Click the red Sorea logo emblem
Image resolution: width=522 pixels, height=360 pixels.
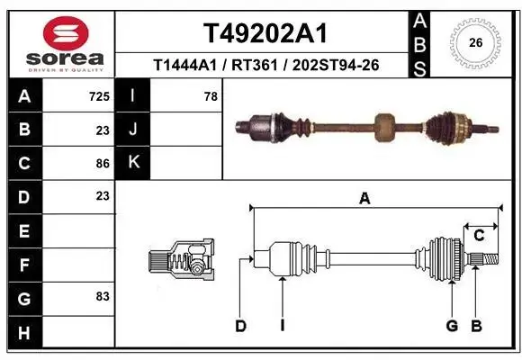(x=66, y=33)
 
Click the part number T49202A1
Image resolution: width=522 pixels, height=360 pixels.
(x=265, y=33)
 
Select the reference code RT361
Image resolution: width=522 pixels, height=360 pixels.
(x=255, y=66)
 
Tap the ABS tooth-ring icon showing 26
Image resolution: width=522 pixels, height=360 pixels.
(x=475, y=42)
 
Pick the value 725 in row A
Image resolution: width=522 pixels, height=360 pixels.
(x=99, y=96)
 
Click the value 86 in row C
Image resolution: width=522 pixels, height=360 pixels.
(x=103, y=164)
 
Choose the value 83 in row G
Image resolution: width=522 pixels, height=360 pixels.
(x=103, y=296)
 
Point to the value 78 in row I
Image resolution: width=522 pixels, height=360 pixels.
(x=211, y=96)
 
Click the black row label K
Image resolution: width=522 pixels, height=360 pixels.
(x=133, y=163)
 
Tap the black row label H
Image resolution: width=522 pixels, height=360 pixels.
(x=25, y=332)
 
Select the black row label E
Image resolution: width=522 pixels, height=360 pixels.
(x=25, y=230)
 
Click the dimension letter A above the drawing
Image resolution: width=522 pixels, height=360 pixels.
(x=364, y=199)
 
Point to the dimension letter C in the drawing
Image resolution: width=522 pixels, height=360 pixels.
(x=479, y=236)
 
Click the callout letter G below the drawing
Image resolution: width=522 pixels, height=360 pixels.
(x=452, y=326)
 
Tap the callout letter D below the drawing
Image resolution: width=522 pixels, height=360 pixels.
(x=240, y=326)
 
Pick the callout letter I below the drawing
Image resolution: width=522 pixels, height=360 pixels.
(x=283, y=326)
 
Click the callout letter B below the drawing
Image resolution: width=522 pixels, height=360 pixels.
(x=476, y=326)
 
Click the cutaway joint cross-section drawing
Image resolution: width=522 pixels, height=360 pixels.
(x=182, y=259)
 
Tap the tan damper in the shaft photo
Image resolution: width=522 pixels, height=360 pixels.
(x=384, y=127)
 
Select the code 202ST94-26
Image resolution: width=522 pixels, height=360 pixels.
(x=336, y=66)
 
